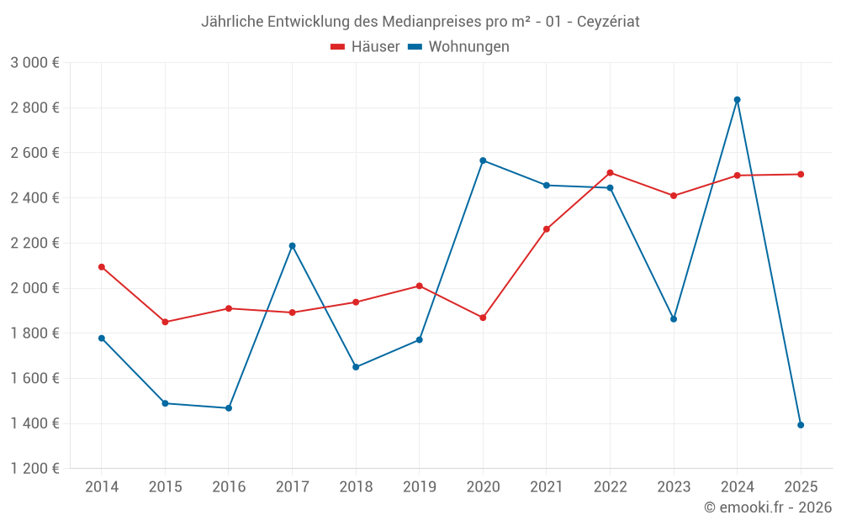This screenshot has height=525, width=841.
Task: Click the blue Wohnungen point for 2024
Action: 738,100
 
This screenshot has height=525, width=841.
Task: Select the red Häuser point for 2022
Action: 610,173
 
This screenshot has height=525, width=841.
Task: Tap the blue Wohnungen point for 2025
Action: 801,425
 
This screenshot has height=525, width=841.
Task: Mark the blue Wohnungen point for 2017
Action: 292,246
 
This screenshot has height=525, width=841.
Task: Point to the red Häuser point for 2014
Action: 102,267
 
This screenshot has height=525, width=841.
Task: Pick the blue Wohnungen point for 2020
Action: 483,160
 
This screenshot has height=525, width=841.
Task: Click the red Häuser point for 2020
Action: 483,318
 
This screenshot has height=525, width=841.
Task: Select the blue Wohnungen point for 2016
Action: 229,408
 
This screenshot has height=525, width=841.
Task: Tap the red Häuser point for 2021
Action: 547,229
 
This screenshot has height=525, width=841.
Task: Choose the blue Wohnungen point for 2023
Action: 674,319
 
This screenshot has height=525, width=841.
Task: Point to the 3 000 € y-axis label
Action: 34,63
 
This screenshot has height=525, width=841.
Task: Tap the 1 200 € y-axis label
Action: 34,469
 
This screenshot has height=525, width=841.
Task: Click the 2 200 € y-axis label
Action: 34,244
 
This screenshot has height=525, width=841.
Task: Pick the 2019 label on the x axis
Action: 420,487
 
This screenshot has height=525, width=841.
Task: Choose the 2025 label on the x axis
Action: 801,487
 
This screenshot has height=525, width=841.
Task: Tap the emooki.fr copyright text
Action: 768,507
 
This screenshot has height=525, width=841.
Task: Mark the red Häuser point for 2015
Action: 165,322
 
